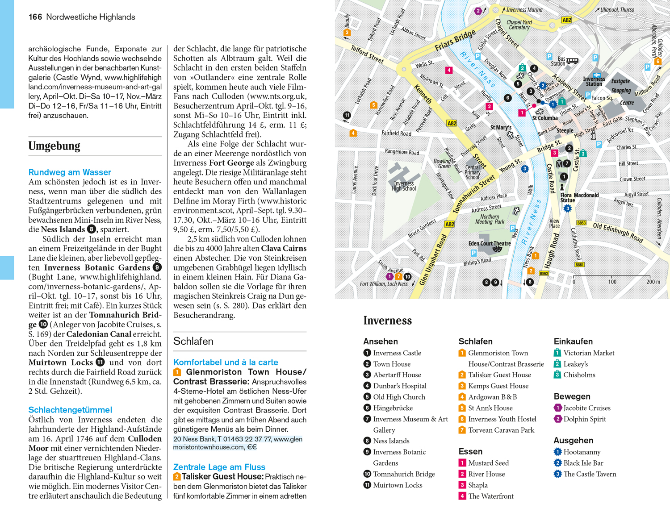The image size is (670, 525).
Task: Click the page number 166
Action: (x=35, y=17)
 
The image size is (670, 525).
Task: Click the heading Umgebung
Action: (x=54, y=146)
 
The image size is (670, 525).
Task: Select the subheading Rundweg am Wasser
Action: (x=70, y=172)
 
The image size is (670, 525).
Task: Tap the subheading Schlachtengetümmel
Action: (x=70, y=409)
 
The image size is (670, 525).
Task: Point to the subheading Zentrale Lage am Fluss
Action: (x=219, y=467)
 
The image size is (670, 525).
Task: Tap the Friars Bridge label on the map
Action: (x=455, y=41)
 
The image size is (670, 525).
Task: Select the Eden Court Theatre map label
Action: (x=489, y=243)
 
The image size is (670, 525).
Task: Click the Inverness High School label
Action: (x=404, y=186)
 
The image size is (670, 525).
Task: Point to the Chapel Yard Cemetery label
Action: (x=519, y=25)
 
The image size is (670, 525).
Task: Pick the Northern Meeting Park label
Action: (x=490, y=219)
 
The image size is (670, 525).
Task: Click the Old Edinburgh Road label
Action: (x=618, y=232)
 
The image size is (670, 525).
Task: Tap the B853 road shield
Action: (x=581, y=223)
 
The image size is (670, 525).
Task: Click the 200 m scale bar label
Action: (x=653, y=282)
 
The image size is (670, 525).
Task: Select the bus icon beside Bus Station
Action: (x=572, y=61)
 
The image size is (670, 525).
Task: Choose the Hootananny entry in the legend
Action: (x=582, y=452)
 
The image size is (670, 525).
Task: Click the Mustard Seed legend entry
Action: (x=488, y=463)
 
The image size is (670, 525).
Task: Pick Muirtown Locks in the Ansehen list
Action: (x=398, y=485)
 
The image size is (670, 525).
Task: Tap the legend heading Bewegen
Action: (x=572, y=396)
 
